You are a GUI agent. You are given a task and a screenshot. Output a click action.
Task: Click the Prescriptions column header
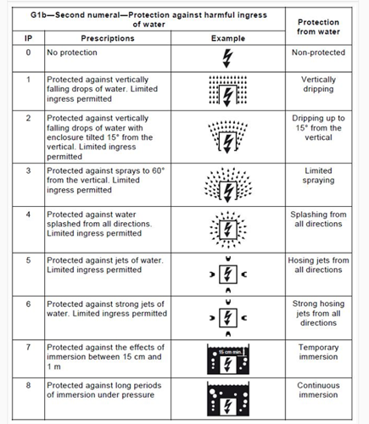click(x=108, y=38)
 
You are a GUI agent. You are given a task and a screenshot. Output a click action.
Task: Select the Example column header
click(x=228, y=38)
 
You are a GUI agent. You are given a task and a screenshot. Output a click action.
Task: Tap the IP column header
click(x=28, y=38)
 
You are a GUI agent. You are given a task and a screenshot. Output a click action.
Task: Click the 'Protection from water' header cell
click(x=318, y=26)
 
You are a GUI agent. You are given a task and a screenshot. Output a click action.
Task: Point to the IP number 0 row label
click(x=28, y=53)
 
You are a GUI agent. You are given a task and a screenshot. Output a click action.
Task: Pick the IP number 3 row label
click(x=28, y=170)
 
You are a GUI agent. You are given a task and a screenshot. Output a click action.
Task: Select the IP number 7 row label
click(x=28, y=347)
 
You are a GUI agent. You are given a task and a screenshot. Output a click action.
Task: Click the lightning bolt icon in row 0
click(x=227, y=59)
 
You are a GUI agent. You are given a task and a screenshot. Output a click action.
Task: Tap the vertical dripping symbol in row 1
click(x=227, y=91)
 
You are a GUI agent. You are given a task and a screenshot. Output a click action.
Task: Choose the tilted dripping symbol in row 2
click(x=227, y=137)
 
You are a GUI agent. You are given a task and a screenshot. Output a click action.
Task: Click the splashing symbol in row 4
click(x=228, y=229)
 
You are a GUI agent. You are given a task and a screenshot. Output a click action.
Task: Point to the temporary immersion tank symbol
click(x=228, y=360)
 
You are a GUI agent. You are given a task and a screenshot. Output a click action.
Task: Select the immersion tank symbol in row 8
click(x=228, y=399)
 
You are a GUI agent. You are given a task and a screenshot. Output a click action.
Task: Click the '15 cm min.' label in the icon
click(x=230, y=352)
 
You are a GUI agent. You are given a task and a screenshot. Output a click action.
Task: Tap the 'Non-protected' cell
click(x=318, y=53)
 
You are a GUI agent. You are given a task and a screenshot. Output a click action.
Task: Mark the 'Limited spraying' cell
click(x=318, y=176)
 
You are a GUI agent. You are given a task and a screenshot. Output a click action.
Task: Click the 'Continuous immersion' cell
click(x=318, y=390)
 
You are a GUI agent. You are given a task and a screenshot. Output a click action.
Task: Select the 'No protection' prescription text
click(x=72, y=53)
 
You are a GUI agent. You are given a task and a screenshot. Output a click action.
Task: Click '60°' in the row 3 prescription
click(x=158, y=170)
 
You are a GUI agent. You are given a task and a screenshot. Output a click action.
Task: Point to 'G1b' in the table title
click(x=38, y=14)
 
